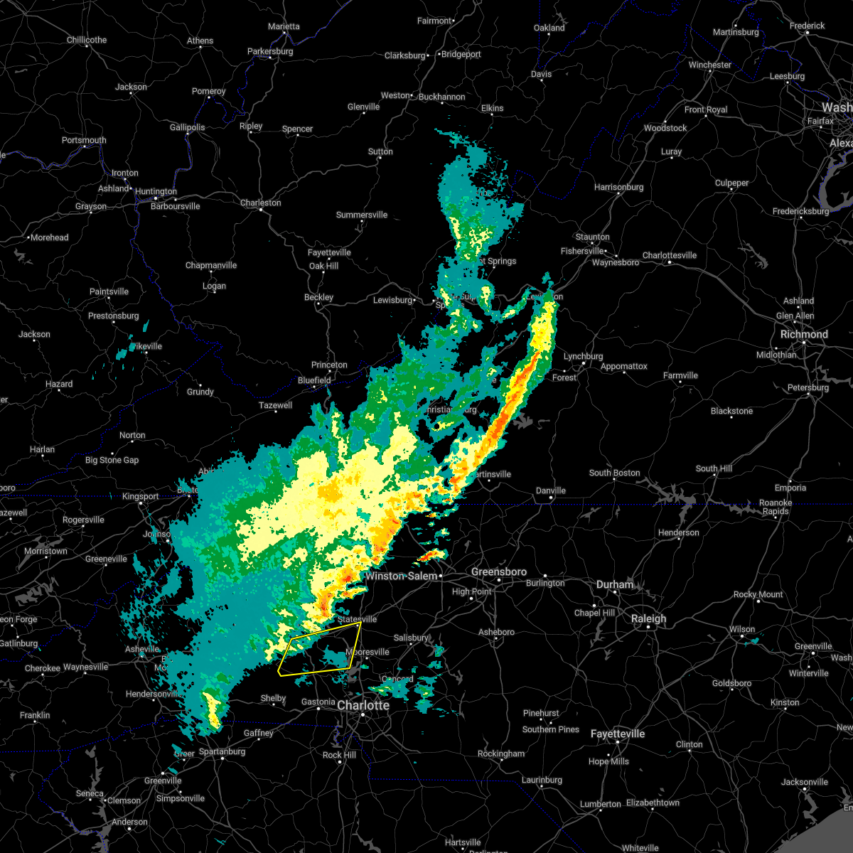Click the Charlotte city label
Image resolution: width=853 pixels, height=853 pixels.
[363, 705]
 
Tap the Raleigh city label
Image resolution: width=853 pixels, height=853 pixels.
[649, 618]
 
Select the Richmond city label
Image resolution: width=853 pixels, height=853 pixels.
[804, 334]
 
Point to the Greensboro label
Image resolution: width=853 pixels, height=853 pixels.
[499, 572]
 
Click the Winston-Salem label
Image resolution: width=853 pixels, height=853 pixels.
[402, 576]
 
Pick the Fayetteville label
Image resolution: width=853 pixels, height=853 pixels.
[618, 734]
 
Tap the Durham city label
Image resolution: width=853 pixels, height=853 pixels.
[615, 584]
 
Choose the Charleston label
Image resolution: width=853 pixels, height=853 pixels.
[260, 203]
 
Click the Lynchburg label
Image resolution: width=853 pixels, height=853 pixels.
[583, 356]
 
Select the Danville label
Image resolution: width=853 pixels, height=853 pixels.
[551, 490]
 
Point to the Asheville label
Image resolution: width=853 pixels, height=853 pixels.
[142, 649]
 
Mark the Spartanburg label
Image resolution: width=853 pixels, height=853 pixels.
[222, 751]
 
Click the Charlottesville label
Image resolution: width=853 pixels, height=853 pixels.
[670, 255]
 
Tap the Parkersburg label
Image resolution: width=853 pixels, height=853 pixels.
[270, 51]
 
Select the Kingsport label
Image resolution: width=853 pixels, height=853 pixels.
[140, 496]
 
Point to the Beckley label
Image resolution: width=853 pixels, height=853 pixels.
[318, 297]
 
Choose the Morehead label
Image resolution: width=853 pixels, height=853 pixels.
[50, 237]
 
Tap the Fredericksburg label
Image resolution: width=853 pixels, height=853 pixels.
[800, 211]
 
